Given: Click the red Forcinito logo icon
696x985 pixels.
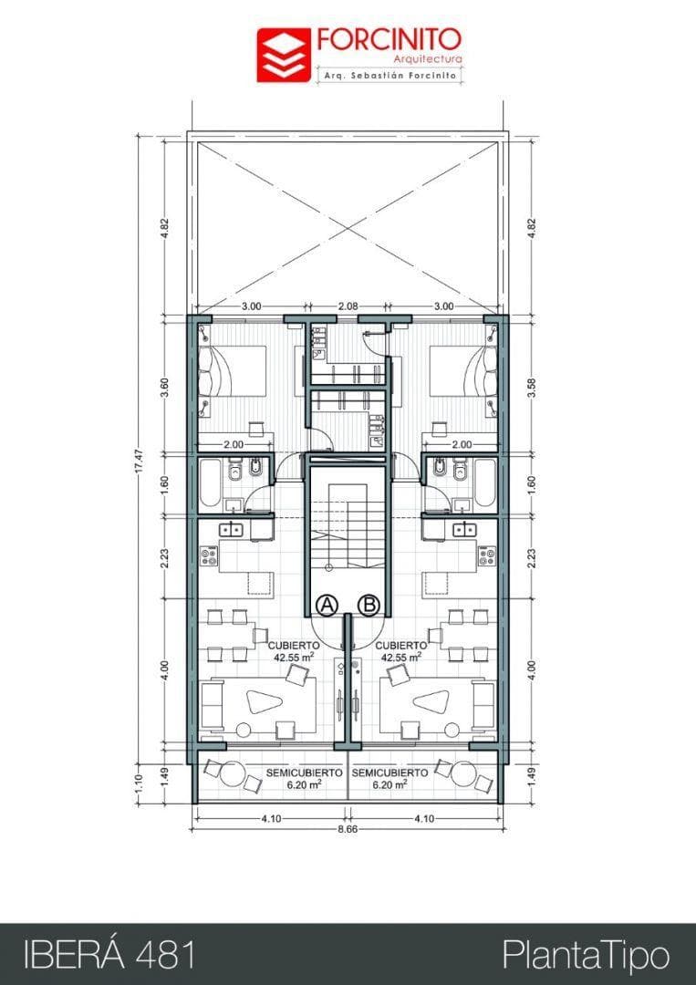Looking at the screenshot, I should [283, 55].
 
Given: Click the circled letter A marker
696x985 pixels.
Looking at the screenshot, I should [327, 604].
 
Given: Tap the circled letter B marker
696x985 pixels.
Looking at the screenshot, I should [369, 604].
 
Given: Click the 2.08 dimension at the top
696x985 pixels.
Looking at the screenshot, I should [348, 306].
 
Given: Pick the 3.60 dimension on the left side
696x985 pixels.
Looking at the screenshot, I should [165, 385].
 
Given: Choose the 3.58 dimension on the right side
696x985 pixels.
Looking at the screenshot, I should [532, 385].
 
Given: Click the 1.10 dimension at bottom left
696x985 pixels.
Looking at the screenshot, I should [138, 783].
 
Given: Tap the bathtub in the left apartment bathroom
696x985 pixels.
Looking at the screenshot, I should [210, 483].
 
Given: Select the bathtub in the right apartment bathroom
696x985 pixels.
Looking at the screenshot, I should [484, 483].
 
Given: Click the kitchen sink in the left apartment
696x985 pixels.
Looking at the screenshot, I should [229, 528].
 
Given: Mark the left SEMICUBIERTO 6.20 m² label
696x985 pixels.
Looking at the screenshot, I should [304, 778].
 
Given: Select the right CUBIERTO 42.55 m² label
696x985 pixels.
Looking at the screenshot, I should [400, 649].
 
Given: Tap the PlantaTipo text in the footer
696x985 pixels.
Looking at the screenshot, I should [586, 955].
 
